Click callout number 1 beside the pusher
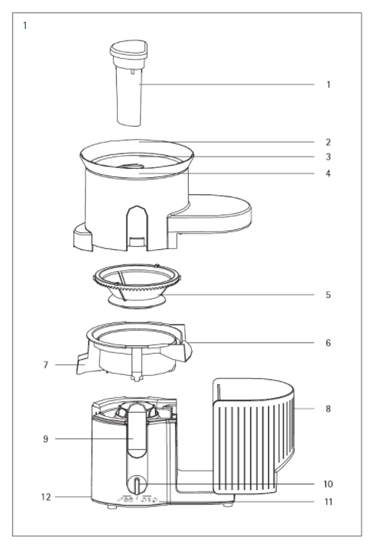point(329,85)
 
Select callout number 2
point(329,142)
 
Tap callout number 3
point(329,157)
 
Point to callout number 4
point(329,173)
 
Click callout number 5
point(329,295)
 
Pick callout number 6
point(329,343)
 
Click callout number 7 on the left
point(46,365)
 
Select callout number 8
point(329,409)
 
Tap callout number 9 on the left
point(46,438)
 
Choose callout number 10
point(328,484)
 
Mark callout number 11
point(328,502)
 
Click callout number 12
point(46,497)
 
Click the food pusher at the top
point(129,82)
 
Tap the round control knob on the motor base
point(138,485)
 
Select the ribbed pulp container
point(253,435)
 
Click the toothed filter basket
point(137,286)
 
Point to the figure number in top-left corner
point(24,26)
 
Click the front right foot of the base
point(228,505)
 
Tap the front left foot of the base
point(112,506)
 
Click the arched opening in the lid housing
point(137,228)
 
